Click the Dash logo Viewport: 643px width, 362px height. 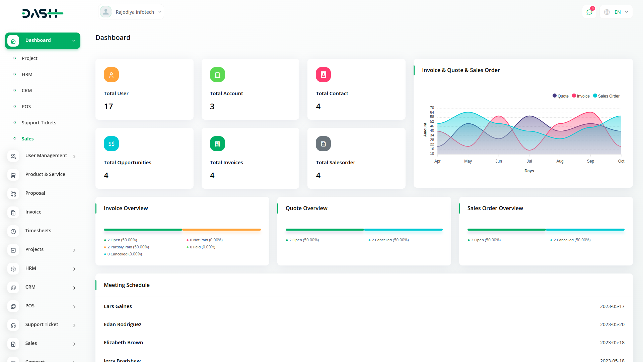(x=43, y=13)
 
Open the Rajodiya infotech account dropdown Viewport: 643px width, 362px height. (x=131, y=12)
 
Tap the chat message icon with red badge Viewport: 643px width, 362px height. (x=589, y=12)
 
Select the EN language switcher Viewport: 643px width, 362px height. (x=617, y=12)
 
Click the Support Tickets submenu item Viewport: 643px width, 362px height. (x=39, y=123)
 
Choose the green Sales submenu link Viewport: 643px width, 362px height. (x=27, y=139)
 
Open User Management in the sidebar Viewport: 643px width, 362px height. (x=46, y=156)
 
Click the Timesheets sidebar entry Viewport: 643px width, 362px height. (x=38, y=231)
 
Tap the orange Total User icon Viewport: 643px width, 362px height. (x=111, y=75)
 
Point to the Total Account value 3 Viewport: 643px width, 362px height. (x=212, y=107)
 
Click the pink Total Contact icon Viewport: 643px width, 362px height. (x=323, y=75)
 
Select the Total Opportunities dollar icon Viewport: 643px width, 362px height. (x=111, y=144)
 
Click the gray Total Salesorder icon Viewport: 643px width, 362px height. (x=323, y=144)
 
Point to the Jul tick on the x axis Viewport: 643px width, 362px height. (x=529, y=161)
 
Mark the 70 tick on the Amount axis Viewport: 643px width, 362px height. (x=432, y=108)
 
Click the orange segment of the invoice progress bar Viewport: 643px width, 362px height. (x=221, y=230)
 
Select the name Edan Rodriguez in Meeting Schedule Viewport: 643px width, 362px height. (x=123, y=324)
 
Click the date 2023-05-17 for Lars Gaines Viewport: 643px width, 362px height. (x=612, y=306)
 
